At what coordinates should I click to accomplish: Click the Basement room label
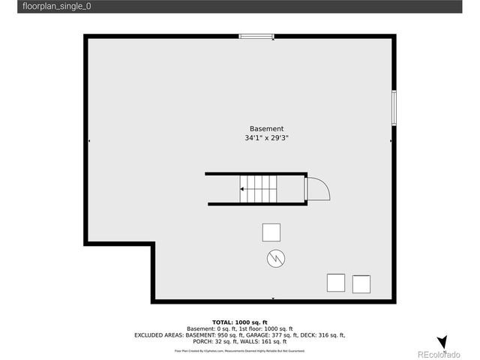(x=266, y=128)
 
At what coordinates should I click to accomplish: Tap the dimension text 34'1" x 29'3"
(x=266, y=138)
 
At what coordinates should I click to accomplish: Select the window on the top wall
(x=257, y=36)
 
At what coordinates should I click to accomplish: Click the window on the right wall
(x=393, y=108)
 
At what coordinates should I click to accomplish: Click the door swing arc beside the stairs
(x=318, y=187)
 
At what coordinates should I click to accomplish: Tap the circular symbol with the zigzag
(x=275, y=259)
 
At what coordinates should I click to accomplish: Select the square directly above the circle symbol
(x=271, y=232)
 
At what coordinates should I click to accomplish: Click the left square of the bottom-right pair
(x=336, y=283)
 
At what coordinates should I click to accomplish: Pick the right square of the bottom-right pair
(x=361, y=284)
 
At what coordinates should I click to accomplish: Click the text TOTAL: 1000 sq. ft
(x=239, y=322)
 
